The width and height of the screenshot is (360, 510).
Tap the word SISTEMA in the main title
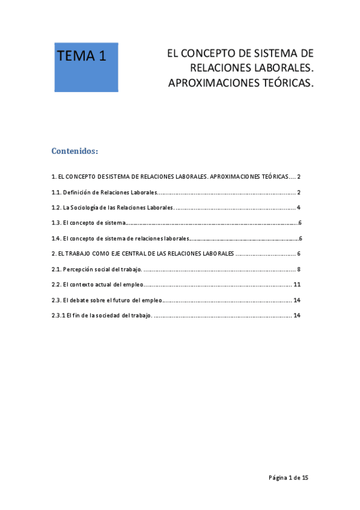pyautogui.click(x=277, y=54)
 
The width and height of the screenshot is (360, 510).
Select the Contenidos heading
pyautogui.click(x=75, y=151)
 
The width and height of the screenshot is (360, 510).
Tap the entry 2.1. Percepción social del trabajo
pyautogui.click(x=97, y=269)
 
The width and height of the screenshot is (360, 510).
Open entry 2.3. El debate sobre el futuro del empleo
pyautogui.click(x=107, y=300)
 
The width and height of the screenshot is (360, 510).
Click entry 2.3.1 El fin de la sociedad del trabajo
pyautogui.click(x=102, y=315)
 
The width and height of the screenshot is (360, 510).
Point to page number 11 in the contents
pyautogui.click(x=297, y=284)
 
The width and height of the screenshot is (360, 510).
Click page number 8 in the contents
pyautogui.click(x=298, y=269)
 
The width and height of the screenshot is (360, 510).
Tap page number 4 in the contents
pyautogui.click(x=298, y=208)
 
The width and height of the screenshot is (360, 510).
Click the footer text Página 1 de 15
pyautogui.click(x=288, y=478)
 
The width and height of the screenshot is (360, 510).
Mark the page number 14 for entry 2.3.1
pyautogui.click(x=297, y=315)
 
